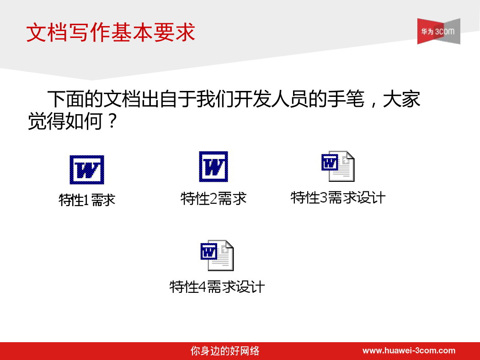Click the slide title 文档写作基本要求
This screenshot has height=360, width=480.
(x=111, y=32)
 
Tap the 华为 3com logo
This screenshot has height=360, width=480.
(x=438, y=31)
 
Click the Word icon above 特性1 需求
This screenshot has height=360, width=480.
(x=87, y=170)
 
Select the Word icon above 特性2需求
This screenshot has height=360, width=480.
(x=213, y=167)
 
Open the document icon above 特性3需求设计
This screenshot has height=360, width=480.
(x=338, y=166)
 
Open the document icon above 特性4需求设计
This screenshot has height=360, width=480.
(x=217, y=255)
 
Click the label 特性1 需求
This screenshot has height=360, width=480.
(x=87, y=201)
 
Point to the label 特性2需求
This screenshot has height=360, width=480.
(x=213, y=199)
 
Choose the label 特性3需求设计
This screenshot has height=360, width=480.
(x=338, y=197)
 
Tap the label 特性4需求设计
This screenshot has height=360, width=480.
(x=217, y=287)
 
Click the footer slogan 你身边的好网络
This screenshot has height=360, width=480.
(x=225, y=351)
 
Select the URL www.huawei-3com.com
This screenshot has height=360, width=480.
(x=409, y=350)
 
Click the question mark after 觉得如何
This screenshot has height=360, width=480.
(x=112, y=121)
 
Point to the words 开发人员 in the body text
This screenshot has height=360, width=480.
(x=271, y=99)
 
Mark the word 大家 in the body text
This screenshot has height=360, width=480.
(x=401, y=99)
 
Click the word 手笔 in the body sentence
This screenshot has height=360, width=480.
(x=346, y=99)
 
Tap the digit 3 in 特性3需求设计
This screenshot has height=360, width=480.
(x=324, y=197)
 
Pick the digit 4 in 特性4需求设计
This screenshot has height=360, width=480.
(x=203, y=287)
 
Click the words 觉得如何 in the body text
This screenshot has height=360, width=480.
(x=65, y=121)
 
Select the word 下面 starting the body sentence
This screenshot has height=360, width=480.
(x=66, y=99)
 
